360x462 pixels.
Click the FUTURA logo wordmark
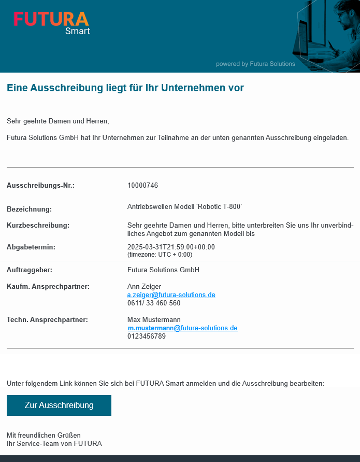(x=51, y=19)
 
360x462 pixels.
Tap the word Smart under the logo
(x=78, y=31)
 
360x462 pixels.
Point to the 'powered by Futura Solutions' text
(x=255, y=64)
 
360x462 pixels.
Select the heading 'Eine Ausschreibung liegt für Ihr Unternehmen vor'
(x=125, y=88)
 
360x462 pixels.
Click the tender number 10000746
(x=142, y=186)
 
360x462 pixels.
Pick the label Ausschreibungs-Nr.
(x=40, y=186)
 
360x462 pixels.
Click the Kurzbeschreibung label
(x=38, y=226)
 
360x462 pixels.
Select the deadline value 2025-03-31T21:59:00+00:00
(x=171, y=247)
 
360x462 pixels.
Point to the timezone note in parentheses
(x=160, y=255)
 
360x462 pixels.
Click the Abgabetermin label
(x=31, y=247)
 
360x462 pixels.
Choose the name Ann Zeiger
(x=144, y=287)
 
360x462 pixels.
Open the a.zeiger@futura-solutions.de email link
(x=171, y=295)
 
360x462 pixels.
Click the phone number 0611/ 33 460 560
(x=154, y=303)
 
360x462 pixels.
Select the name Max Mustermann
(x=154, y=320)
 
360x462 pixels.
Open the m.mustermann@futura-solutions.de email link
(x=182, y=328)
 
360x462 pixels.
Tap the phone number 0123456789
(x=147, y=337)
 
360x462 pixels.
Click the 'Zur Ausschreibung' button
(x=59, y=405)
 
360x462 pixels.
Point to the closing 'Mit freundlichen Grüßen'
(x=44, y=435)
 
